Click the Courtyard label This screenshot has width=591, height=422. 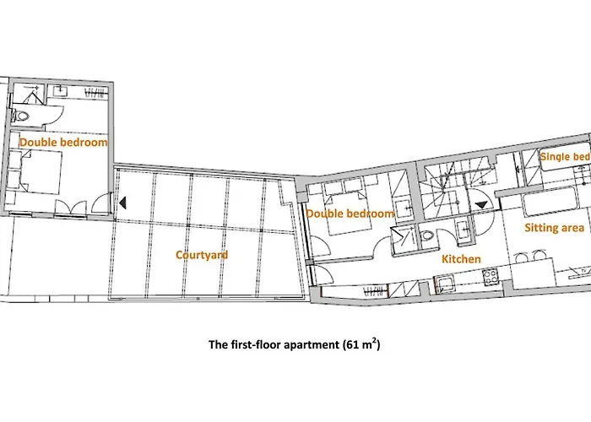[202, 255]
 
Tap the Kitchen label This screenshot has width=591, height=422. [461, 259]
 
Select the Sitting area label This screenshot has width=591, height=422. [555, 228]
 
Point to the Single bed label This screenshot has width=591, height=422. [565, 157]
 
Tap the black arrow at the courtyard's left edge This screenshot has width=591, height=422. [122, 203]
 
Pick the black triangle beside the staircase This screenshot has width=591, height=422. [481, 205]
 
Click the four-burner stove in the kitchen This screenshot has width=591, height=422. [491, 276]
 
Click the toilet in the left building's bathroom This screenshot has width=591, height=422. [20, 116]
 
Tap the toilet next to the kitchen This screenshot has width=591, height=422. [427, 235]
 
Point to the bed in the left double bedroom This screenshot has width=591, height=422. [41, 172]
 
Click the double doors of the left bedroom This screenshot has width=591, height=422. [71, 208]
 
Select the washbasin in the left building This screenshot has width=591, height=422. [60, 91]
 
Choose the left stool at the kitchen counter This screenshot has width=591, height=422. [521, 257]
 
